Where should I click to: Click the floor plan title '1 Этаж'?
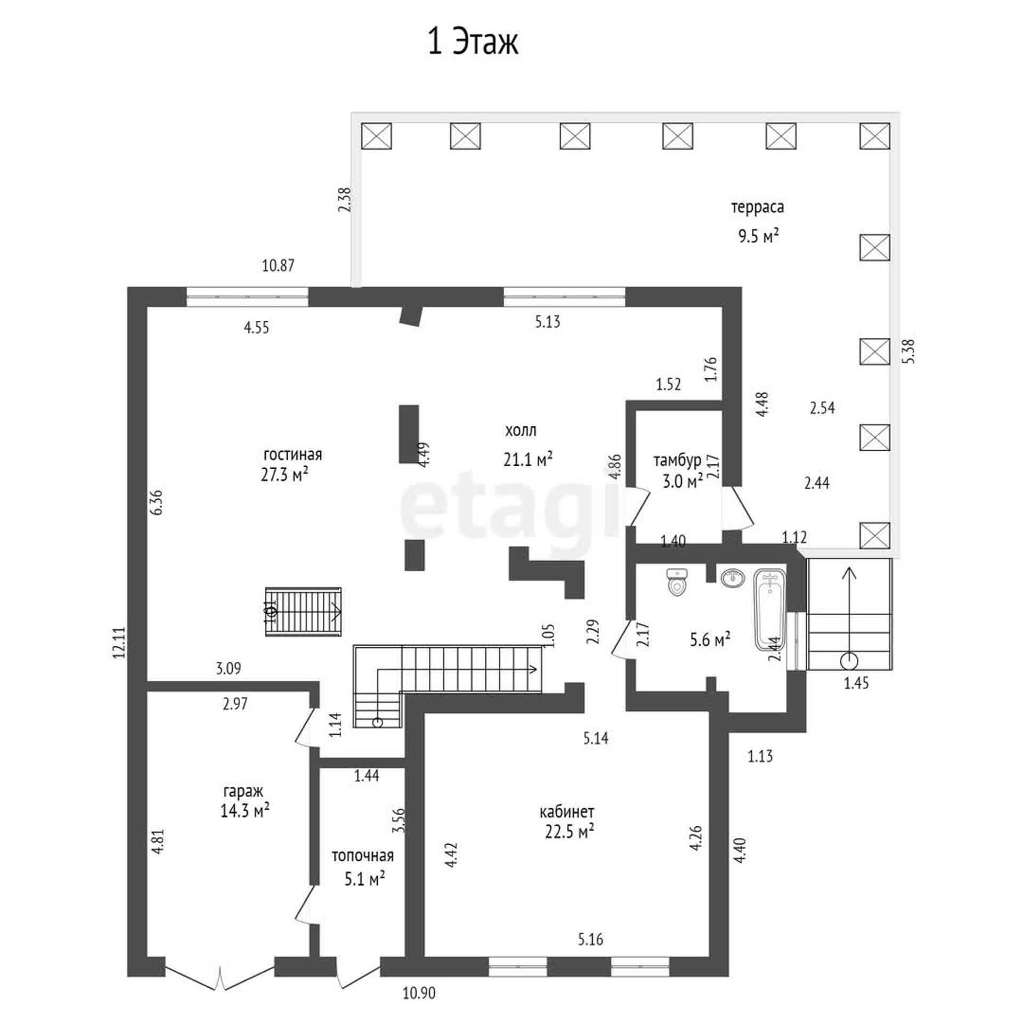click(x=473, y=42)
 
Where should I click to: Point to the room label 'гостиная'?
click(x=293, y=454)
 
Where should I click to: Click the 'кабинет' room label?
click(x=567, y=812)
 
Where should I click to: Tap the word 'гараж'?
click(x=243, y=791)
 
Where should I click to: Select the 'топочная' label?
click(x=363, y=856)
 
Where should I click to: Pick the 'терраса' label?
click(x=757, y=207)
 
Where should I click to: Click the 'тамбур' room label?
click(x=677, y=460)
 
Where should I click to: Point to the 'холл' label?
click(x=521, y=431)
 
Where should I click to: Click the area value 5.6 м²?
click(x=710, y=639)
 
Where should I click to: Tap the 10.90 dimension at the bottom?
click(x=419, y=993)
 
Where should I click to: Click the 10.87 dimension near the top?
click(x=278, y=265)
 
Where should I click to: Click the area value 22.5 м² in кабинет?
click(x=570, y=832)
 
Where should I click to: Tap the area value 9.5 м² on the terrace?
click(x=759, y=236)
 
